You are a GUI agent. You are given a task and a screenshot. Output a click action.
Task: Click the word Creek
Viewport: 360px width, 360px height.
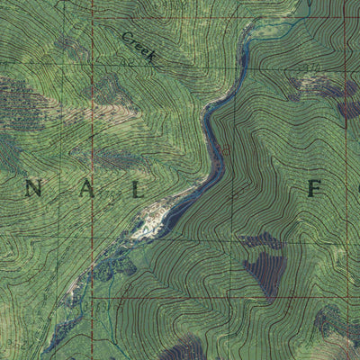point(139,46)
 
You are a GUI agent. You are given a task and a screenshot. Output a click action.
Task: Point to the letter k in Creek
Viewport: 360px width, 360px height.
point(152,57)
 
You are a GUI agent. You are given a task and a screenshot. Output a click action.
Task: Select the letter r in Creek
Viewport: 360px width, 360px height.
point(133,41)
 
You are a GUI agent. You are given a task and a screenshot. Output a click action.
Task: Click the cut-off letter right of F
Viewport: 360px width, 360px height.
point(356,190)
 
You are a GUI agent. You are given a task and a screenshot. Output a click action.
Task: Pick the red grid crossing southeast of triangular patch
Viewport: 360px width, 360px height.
point(345,297)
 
